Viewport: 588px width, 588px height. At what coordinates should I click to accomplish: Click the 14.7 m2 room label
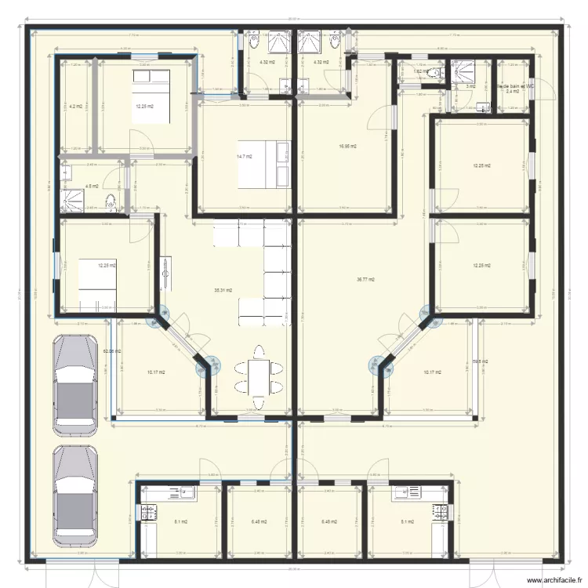pos(243,157)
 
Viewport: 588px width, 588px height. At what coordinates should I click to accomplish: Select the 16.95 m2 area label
pos(348,146)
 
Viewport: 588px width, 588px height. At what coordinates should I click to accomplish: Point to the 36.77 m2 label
pos(365,279)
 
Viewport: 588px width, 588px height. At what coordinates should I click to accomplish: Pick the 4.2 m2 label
pos(75,106)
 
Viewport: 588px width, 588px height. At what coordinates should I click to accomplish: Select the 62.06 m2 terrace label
pos(111,351)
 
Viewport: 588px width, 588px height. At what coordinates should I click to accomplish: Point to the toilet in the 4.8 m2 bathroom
pos(112,203)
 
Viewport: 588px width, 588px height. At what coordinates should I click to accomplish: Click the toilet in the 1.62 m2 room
pos(438,73)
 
